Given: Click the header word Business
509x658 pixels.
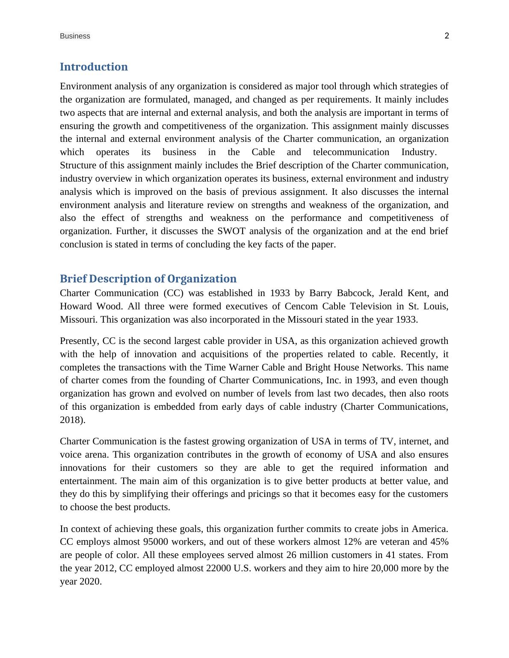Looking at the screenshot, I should (x=75, y=36).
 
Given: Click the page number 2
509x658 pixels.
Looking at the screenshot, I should (x=447, y=36).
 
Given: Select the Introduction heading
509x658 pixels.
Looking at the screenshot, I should (x=94, y=67).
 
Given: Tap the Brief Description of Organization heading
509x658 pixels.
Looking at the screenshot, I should (x=148, y=279).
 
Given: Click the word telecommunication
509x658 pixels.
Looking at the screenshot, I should (x=351, y=152).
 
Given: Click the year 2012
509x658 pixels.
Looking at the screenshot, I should (x=104, y=568).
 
